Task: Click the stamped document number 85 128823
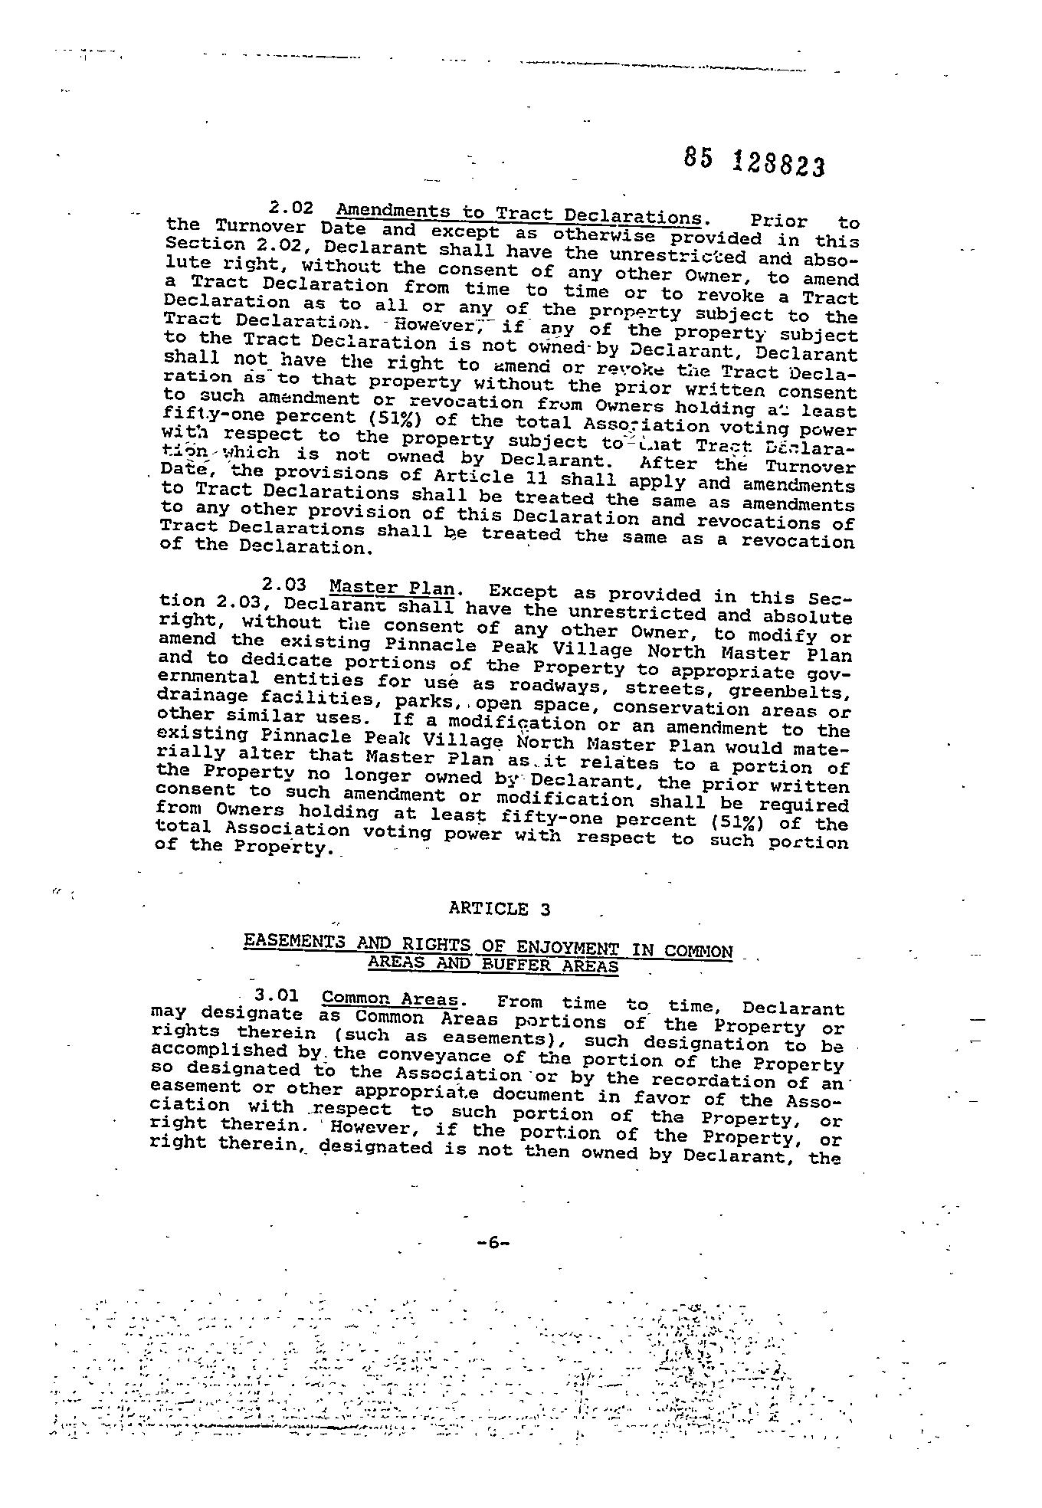tap(754, 162)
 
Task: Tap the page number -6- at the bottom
tap(493, 1243)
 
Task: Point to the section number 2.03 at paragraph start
tap(284, 586)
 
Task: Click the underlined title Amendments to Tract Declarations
tap(518, 212)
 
